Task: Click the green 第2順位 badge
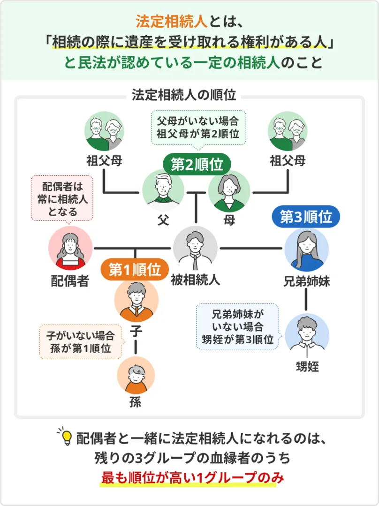click(197, 165)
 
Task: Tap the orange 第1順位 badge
click(135, 269)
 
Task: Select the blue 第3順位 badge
click(306, 217)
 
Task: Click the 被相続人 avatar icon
click(195, 248)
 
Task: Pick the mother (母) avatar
click(229, 191)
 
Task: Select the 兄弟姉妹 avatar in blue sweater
click(306, 250)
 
